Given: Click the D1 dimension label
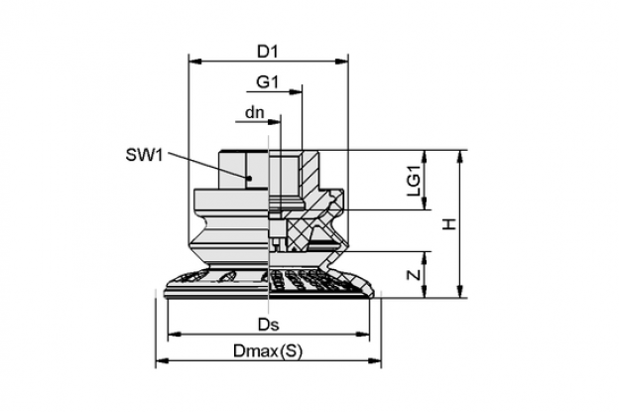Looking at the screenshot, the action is (x=268, y=52).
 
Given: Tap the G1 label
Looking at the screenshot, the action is (x=267, y=81).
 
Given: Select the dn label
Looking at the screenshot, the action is (x=255, y=112).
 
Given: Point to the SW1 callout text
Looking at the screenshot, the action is (x=144, y=155).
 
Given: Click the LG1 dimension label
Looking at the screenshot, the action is (x=414, y=180).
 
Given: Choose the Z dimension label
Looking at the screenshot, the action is (x=414, y=274).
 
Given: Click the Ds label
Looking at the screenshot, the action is (x=269, y=325).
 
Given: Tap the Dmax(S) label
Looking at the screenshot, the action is (x=268, y=351).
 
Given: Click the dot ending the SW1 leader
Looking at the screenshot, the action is (x=249, y=178).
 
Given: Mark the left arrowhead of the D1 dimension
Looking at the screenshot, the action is (x=195, y=62).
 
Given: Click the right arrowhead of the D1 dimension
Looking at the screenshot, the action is (x=342, y=62).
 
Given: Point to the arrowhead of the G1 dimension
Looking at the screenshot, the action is (x=296, y=92).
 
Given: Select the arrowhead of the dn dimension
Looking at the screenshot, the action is (x=274, y=122).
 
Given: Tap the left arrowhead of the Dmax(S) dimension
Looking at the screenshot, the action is (x=163, y=360).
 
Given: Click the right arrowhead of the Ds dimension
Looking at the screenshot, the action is (x=363, y=335).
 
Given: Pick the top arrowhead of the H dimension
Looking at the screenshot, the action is (x=460, y=157).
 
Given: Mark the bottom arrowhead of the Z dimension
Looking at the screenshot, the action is (x=425, y=291).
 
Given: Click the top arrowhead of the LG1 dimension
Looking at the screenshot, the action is (x=425, y=157).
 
